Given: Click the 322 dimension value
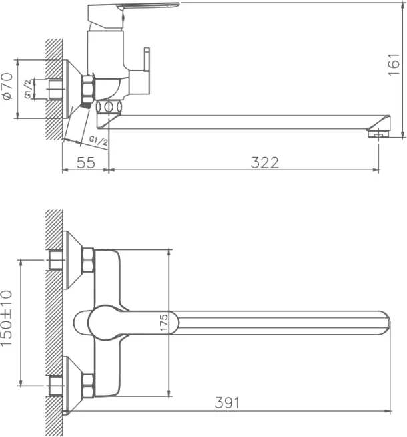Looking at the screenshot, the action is click(264, 163).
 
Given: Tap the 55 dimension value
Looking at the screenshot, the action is click(86, 163).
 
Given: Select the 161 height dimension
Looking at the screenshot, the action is click(394, 65).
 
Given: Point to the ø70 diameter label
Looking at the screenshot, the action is click(7, 86).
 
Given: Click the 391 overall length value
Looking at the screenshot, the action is click(227, 403).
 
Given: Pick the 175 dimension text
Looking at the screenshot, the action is click(164, 323).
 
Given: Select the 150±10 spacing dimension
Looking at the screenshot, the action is click(7, 318).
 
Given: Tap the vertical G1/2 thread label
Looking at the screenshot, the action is click(28, 89).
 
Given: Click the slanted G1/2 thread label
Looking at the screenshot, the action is click(98, 141).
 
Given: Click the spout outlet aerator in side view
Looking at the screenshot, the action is click(378, 134).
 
